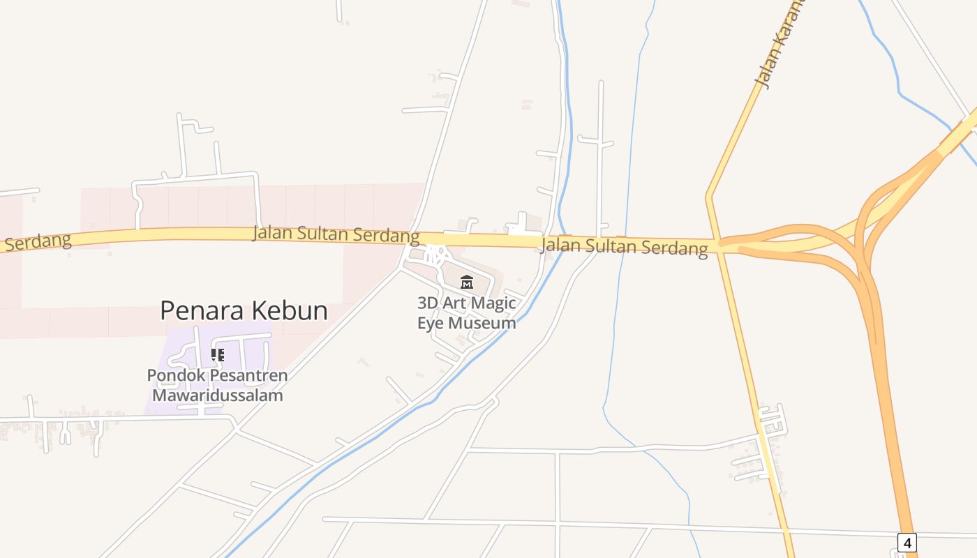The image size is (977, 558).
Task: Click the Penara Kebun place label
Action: [244, 310]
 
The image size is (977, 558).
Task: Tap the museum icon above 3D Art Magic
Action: [467, 282]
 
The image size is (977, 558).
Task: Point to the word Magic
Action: [494, 303]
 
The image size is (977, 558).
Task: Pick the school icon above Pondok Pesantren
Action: [217, 355]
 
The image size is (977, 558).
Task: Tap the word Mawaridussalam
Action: [217, 395]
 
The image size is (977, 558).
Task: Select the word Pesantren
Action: [249, 375]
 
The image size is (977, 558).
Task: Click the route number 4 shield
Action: [907, 542]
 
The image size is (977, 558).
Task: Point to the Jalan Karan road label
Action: [780, 45]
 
